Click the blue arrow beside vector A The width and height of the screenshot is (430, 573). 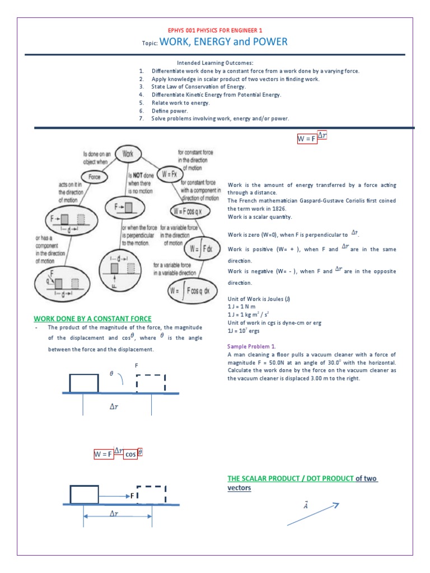[313, 514]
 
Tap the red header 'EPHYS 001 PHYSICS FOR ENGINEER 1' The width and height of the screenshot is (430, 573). [214, 30]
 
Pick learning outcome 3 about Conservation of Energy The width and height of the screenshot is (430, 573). [198, 87]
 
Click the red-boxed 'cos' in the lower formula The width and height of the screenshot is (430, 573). [130, 454]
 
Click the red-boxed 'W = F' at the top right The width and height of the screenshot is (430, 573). [306, 139]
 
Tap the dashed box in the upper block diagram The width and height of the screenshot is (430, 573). [151, 383]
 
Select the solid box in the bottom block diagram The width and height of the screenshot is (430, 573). [84, 495]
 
